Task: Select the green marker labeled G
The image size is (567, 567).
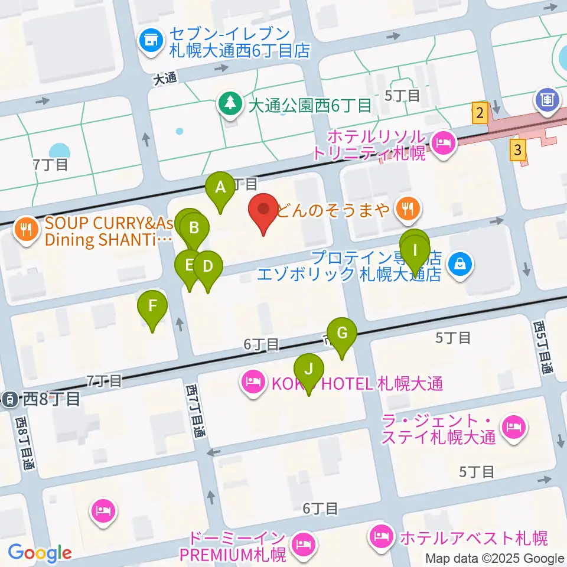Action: pos(342,334)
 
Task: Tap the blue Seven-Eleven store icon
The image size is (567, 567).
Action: pos(151,41)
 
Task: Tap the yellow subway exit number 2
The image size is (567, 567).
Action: pos(480,112)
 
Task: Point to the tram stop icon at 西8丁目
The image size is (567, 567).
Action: pos(10,399)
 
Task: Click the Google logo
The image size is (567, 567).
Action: pos(40,553)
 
